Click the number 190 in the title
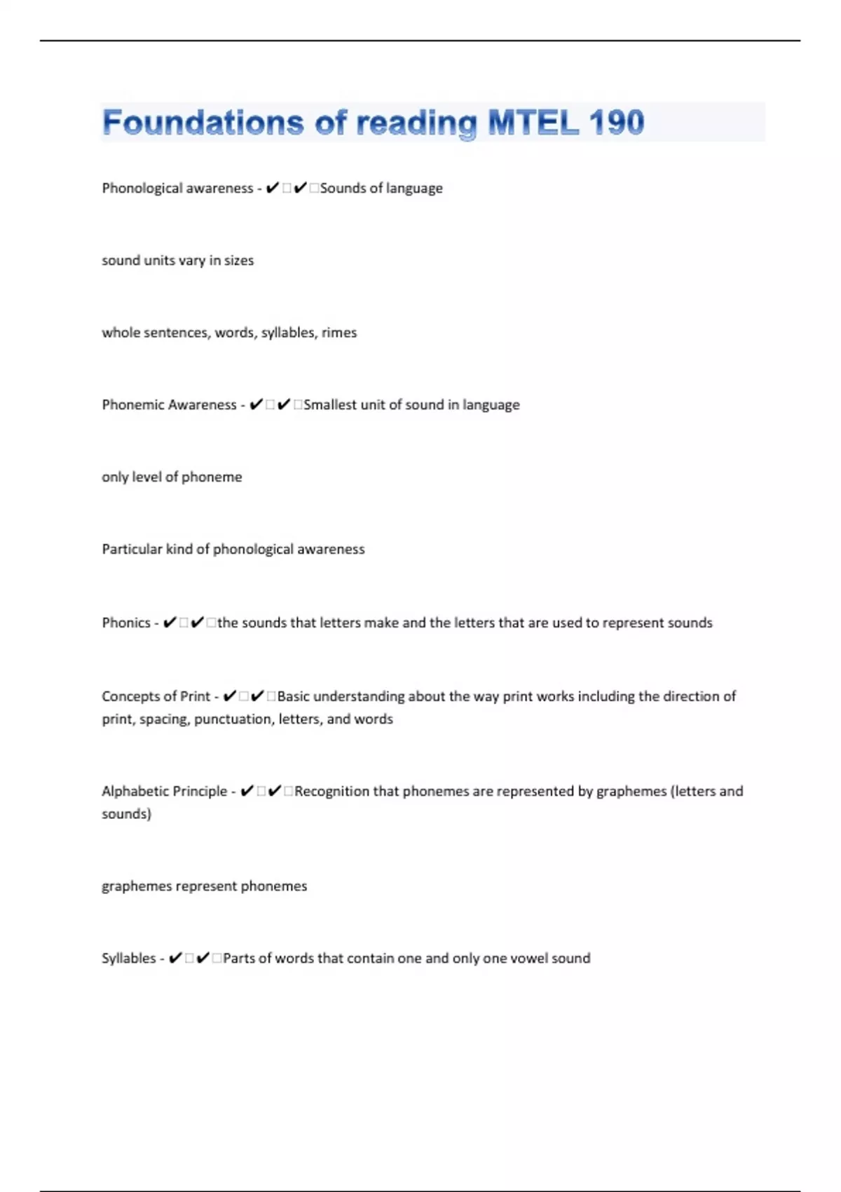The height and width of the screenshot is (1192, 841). [x=616, y=123]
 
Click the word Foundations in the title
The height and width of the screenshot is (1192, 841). [x=203, y=123]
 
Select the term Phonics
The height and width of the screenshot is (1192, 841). [x=126, y=623]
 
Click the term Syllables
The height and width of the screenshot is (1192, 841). [x=129, y=958]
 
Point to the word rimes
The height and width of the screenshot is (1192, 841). [x=339, y=332]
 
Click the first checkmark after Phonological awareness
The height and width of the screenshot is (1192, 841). [x=273, y=188]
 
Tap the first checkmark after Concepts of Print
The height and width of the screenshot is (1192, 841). [x=229, y=696]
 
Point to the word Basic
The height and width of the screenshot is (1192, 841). [x=293, y=696]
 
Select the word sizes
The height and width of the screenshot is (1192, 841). [x=239, y=260]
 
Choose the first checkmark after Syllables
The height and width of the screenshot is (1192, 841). [x=176, y=958]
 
